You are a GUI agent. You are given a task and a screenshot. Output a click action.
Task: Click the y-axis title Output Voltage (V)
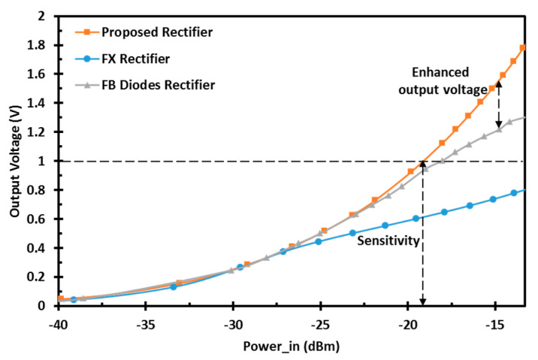(15, 162)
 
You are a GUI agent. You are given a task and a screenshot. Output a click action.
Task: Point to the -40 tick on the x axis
(58, 327)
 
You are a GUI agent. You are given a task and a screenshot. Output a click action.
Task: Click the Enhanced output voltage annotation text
(451, 80)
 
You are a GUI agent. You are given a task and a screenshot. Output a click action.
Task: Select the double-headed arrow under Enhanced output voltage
(498, 104)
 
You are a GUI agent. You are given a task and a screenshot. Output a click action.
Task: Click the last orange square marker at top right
(523, 48)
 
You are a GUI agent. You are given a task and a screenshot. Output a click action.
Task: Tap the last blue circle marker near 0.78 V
(514, 193)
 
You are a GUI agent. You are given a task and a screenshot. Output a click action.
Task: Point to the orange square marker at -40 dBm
(61, 299)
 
